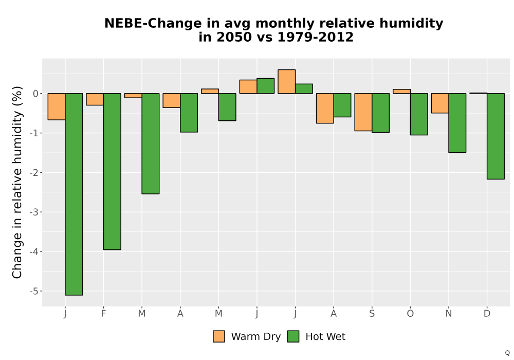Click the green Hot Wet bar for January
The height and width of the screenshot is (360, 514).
coord(74,194)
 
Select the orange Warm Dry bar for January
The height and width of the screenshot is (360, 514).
coord(57,106)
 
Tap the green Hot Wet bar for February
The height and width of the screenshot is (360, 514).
coord(112,171)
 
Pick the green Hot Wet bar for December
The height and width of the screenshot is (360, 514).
coord(495,136)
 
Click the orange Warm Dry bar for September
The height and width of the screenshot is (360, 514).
coord(363,112)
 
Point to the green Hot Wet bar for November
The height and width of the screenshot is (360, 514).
coord(457,123)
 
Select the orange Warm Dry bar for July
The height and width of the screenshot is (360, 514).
coord(286,82)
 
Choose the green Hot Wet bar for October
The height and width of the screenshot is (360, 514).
coord(419,114)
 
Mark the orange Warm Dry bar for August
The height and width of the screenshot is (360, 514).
coord(325,108)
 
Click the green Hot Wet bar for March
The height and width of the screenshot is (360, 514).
coord(151,143)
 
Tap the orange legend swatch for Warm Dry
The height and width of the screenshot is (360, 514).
coord(219,336)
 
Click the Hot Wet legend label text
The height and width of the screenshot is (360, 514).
coord(325,336)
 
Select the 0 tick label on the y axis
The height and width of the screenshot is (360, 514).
coord(36,94)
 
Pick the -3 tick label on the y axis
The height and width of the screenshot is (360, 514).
coord(34,212)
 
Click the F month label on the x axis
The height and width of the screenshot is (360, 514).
coord(104,314)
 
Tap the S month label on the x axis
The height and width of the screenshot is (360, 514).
coord(372,314)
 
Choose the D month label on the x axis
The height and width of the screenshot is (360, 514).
coord(487,314)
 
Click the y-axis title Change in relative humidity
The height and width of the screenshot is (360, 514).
coord(17,182)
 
